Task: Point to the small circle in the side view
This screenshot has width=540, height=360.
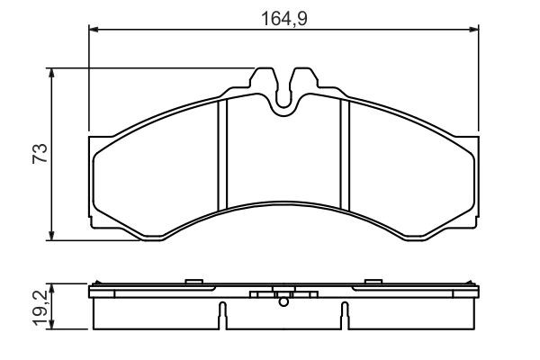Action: click(x=284, y=301)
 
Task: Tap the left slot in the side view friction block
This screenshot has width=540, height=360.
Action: click(x=220, y=315)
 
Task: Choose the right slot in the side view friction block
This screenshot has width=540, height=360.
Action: click(x=344, y=315)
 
